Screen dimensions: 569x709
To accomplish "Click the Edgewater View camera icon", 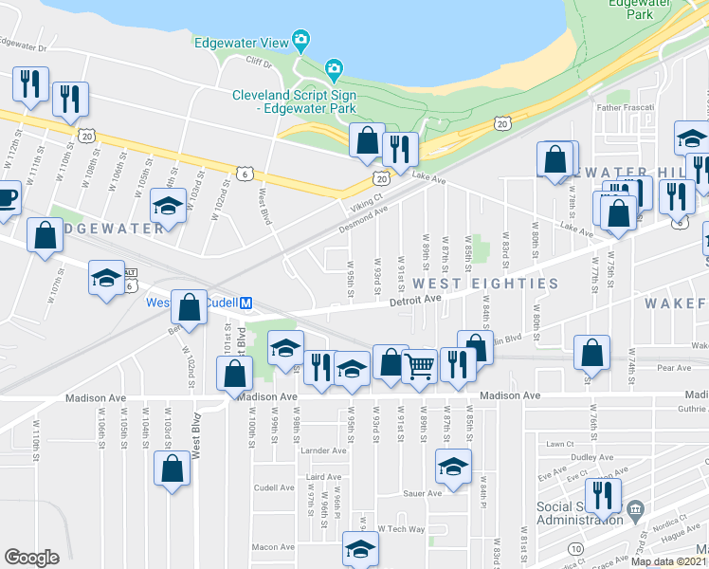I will pos(301,41).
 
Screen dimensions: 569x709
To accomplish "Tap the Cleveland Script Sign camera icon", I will pos(333,68).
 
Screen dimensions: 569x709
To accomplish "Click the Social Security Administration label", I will pos(578,512).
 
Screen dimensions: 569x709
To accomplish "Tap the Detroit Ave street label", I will pos(416,299).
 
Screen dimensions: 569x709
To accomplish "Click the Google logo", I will pos(31,558).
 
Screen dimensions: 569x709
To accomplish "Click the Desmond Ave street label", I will pos(364,221).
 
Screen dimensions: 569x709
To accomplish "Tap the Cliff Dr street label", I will pos(258,64).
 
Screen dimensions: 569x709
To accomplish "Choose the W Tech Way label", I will pos(399,528).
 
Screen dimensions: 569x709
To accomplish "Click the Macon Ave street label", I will pos(273,546).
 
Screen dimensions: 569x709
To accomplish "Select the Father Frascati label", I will pos(625,107).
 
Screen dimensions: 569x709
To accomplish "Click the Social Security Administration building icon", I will pos(634,510).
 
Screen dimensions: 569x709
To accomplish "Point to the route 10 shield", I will pos(575,548).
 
